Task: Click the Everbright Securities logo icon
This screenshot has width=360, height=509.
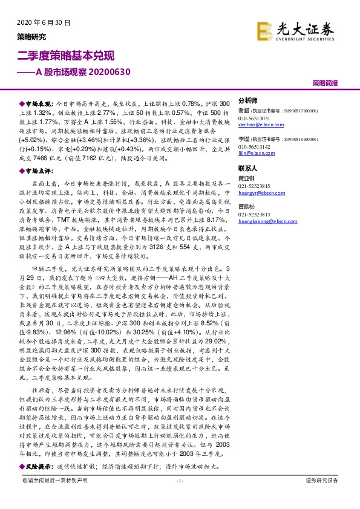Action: (265, 30)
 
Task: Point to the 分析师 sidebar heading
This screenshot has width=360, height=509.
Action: (248, 101)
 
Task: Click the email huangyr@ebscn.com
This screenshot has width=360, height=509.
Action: (261, 192)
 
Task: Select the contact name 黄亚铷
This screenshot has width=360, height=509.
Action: (246, 180)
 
